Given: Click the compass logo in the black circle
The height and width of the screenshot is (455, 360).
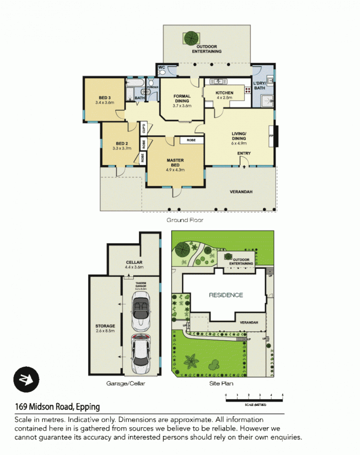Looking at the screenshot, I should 26,379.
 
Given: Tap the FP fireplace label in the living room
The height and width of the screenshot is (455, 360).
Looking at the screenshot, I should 271,136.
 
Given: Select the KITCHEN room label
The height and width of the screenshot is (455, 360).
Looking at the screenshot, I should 224,92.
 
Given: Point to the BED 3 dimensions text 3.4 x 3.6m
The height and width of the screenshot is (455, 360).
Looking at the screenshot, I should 104,103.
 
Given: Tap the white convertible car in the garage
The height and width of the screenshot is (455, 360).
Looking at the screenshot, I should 140,312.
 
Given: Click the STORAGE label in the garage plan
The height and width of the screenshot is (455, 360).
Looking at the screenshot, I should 105,326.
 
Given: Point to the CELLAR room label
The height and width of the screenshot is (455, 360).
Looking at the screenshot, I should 135,263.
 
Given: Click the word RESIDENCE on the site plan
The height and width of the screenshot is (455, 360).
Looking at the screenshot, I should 226,295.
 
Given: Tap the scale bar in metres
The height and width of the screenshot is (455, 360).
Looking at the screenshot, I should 254,399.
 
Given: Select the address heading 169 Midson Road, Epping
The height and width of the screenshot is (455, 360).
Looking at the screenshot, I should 57,406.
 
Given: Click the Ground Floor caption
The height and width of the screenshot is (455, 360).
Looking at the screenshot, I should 185,220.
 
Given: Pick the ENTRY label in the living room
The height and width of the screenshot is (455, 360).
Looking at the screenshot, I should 244,153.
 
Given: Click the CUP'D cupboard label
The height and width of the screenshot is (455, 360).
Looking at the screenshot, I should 143,128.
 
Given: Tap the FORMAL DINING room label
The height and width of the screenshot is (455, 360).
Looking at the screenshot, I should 182,98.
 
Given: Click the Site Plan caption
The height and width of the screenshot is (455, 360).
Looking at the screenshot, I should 221,384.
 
